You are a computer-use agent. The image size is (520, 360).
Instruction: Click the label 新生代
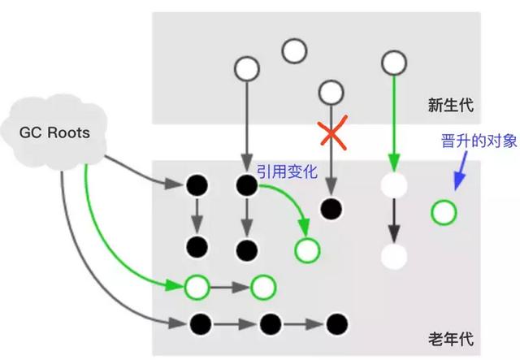(450, 105)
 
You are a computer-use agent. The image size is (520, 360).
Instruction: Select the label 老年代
(450, 338)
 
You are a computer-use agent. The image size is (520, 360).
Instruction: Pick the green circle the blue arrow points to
(444, 214)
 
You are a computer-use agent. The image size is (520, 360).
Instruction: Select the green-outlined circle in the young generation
(393, 61)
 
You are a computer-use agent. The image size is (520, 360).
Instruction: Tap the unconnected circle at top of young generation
(294, 51)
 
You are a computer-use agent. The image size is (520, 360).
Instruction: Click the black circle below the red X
(330, 209)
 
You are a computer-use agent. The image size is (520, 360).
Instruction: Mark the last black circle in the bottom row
(333, 323)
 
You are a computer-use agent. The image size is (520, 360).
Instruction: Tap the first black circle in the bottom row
(198, 323)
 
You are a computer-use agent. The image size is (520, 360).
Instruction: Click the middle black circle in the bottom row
(268, 323)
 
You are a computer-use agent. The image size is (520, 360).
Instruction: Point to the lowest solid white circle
(393, 257)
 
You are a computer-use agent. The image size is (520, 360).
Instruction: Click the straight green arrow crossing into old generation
(393, 122)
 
